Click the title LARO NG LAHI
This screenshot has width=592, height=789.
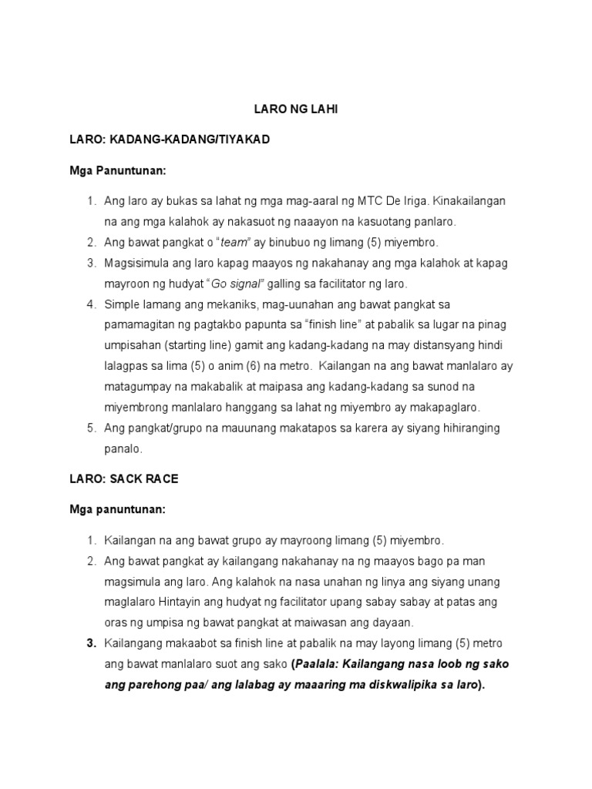point(296,110)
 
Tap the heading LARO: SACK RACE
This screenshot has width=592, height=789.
point(124,478)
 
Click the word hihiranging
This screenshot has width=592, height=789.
point(466,428)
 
